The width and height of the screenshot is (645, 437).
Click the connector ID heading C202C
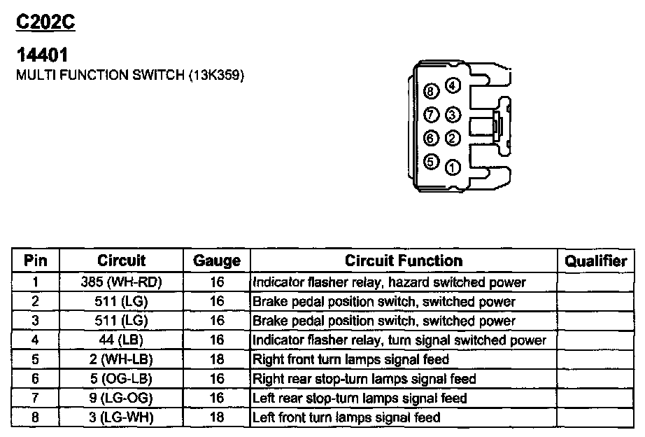tap(45, 22)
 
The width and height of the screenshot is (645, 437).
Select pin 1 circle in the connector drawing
tap(453, 167)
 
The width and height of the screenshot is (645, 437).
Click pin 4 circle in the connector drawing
tap(453, 87)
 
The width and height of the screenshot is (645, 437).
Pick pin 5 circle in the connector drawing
tap(432, 162)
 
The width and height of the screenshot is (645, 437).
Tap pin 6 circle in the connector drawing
tap(432, 138)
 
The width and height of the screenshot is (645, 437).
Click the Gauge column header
tap(217, 261)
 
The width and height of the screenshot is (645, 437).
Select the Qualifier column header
tap(595, 261)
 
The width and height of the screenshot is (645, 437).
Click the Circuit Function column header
tap(404, 261)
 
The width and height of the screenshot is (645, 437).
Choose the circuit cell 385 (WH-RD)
tap(121, 283)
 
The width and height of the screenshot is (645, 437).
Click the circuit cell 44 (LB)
tap(121, 340)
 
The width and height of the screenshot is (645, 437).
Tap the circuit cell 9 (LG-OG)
tap(121, 398)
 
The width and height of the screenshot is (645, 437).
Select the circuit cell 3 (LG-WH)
tap(121, 418)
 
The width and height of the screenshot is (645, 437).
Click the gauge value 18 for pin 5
tap(217, 360)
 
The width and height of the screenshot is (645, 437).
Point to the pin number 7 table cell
tap(36, 398)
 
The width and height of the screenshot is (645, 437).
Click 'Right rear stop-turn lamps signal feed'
tap(364, 379)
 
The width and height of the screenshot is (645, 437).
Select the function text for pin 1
tap(389, 283)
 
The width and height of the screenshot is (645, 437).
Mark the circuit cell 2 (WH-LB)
tap(121, 360)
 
